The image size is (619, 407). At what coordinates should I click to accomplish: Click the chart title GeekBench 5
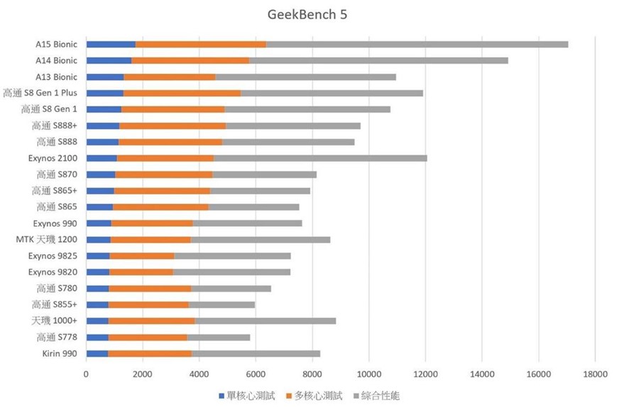(x=309, y=14)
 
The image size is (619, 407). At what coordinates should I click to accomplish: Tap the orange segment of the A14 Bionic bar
(x=190, y=61)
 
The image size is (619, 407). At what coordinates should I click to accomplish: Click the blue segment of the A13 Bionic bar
(x=105, y=77)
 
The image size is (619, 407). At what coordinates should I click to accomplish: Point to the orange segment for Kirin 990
(x=149, y=353)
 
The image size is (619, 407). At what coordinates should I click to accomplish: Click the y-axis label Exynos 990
(x=55, y=223)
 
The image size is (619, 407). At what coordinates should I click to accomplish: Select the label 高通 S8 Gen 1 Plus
(x=40, y=93)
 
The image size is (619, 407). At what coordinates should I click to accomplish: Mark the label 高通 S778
(x=57, y=337)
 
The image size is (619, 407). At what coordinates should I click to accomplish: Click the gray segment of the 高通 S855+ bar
(x=221, y=304)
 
